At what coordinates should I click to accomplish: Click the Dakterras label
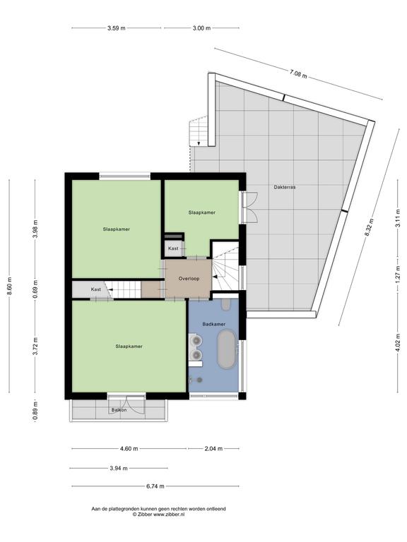(285, 187)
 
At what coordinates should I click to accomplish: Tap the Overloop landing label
(189, 279)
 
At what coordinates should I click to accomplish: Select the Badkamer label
(214, 324)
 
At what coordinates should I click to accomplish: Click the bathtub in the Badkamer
(227, 349)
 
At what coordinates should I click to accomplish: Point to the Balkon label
(119, 410)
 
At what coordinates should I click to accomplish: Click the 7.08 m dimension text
(298, 73)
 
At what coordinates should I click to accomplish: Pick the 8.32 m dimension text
(369, 227)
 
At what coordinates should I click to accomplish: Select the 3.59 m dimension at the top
(117, 28)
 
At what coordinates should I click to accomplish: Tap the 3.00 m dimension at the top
(201, 28)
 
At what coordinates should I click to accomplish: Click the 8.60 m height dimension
(9, 287)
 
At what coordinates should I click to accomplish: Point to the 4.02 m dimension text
(398, 342)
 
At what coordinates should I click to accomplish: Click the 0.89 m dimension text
(35, 411)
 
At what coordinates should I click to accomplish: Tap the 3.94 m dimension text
(119, 469)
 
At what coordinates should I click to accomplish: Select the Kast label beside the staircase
(96, 289)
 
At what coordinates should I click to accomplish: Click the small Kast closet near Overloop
(173, 248)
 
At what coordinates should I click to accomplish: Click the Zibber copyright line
(158, 514)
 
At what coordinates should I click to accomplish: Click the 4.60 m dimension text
(129, 449)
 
